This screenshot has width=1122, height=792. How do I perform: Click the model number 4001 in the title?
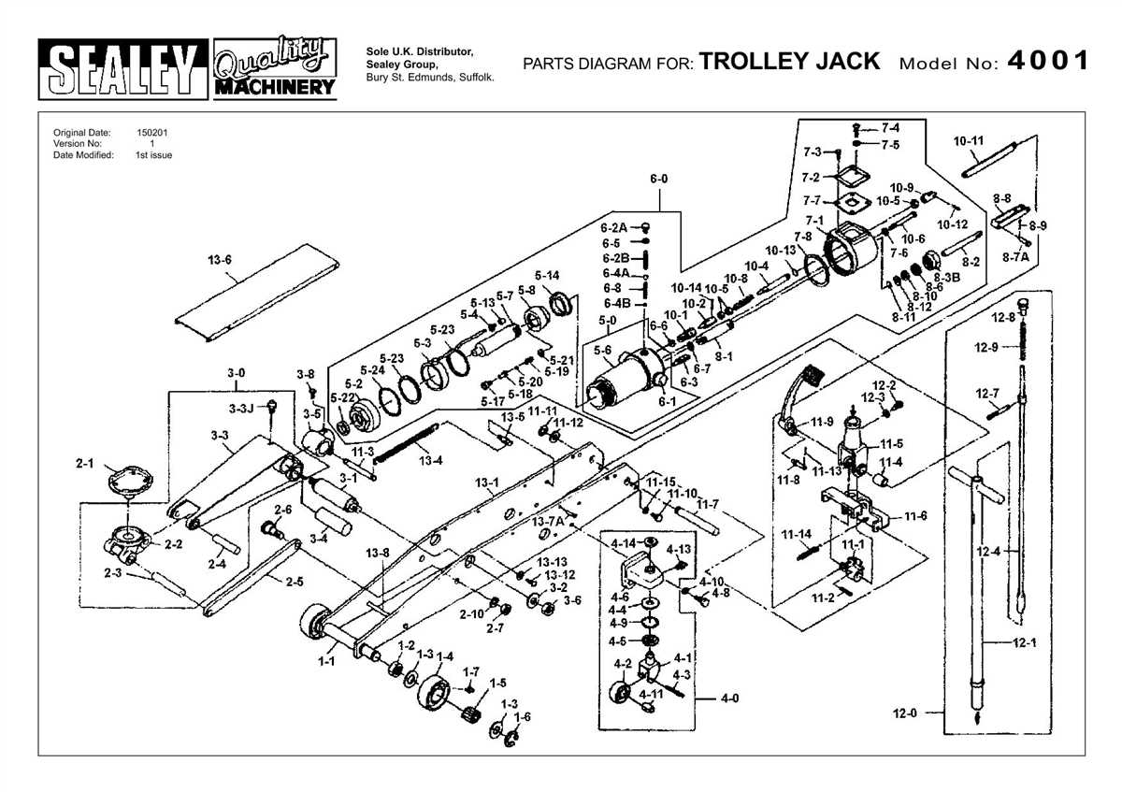1048,62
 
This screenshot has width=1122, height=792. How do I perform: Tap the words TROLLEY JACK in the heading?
789,62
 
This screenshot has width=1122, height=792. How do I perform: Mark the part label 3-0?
237,373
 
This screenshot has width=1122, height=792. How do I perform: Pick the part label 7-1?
814,221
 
